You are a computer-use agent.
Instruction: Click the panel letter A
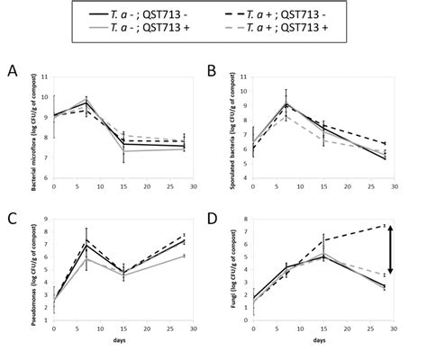pos(12,70)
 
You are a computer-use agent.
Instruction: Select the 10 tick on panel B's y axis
pos(245,89)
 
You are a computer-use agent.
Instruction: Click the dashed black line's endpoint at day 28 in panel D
pos(384,225)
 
